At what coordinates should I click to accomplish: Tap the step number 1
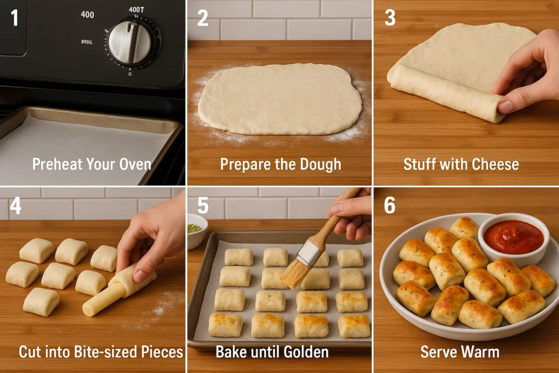(x=14, y=18)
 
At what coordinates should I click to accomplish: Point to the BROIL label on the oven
(x=87, y=42)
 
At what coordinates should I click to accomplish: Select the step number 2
(x=203, y=18)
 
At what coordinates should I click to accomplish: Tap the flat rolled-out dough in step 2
(x=279, y=99)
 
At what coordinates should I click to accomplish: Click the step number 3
(x=390, y=18)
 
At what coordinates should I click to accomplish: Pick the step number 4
(x=15, y=206)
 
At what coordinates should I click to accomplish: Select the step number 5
(x=203, y=206)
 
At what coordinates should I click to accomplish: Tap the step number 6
(x=390, y=206)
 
